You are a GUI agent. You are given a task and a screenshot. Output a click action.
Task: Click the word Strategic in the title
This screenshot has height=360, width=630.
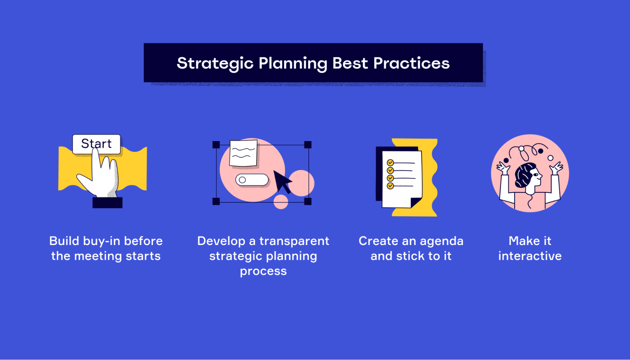click(215, 64)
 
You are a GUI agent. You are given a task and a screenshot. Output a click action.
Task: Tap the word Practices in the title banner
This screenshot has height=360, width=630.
click(411, 63)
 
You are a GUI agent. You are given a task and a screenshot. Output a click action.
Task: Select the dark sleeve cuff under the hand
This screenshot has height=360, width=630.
click(107, 203)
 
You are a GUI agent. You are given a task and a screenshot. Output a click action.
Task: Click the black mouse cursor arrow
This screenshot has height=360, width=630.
click(282, 181)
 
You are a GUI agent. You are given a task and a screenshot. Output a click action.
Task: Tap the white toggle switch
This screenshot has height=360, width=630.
click(252, 180)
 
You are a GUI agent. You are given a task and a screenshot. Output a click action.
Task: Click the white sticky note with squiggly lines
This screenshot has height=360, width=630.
click(243, 153)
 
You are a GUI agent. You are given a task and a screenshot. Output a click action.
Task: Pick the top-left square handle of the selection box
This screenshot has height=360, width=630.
click(216, 145)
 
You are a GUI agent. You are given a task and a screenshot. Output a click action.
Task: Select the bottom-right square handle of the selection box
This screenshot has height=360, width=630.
click(308, 202)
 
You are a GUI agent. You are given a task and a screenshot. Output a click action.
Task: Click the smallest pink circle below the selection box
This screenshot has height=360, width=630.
click(281, 202)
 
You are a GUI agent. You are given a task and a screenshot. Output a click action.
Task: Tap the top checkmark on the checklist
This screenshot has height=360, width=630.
click(390, 163)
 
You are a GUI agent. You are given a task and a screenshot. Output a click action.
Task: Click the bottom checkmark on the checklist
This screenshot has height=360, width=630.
click(390, 186)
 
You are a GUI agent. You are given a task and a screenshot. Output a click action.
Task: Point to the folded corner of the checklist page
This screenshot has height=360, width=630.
click(415, 203)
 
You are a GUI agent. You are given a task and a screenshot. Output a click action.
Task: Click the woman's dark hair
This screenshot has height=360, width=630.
click(524, 175)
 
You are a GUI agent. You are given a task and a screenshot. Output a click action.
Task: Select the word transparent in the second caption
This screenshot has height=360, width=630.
click(294, 241)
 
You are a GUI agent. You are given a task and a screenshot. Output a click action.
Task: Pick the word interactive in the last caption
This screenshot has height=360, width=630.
click(530, 256)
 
